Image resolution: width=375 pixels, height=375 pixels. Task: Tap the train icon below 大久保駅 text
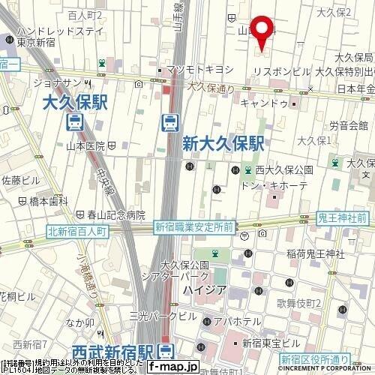point(75,121)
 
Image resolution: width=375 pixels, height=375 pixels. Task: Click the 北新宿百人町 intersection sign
point(78,232)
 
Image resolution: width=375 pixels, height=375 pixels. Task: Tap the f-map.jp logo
point(172,367)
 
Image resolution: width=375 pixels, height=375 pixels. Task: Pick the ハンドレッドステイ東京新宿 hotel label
point(51,35)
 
